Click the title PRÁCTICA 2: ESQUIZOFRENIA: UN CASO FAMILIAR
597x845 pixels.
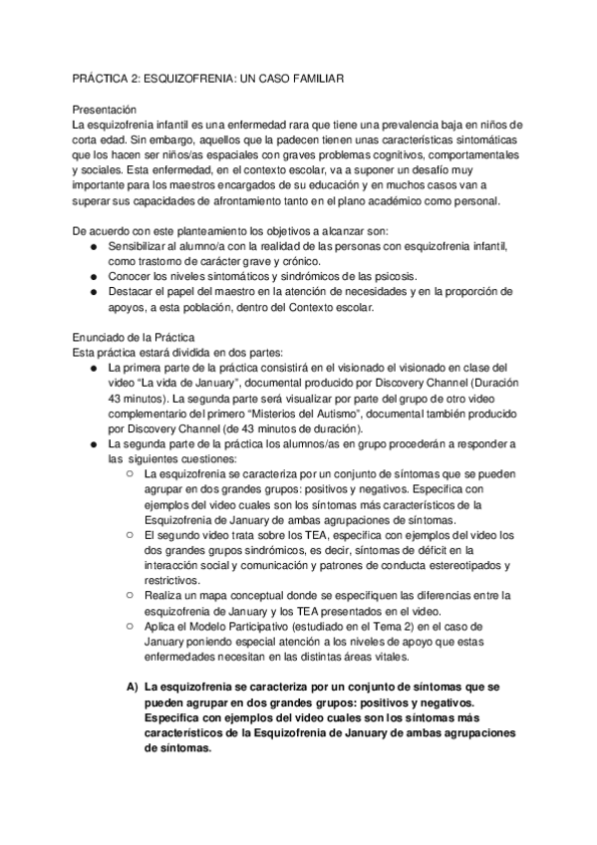point(210,77)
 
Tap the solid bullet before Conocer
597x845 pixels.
point(94,276)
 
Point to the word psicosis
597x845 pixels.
point(397,276)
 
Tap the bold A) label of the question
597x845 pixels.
point(132,688)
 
